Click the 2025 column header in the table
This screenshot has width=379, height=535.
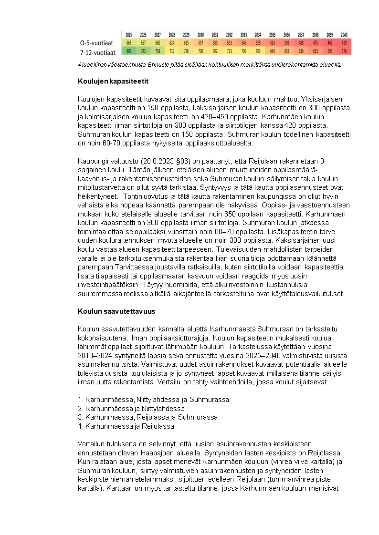129,35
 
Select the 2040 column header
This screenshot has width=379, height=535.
344,35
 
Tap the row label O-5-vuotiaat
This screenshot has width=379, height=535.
97,43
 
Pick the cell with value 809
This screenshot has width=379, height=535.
129,51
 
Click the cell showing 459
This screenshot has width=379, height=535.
344,43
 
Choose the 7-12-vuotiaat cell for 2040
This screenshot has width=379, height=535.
344,51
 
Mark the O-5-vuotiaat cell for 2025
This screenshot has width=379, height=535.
129,43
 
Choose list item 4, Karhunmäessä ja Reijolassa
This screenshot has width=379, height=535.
126,426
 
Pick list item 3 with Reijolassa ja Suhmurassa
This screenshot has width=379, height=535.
147,417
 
